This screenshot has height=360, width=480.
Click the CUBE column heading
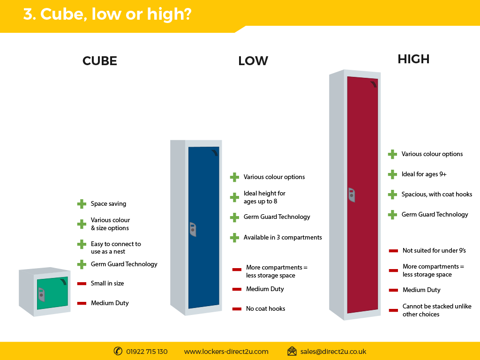100,61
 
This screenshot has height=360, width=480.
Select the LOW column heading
253,61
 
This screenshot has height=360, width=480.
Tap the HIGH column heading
413,59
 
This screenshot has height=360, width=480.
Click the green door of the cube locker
52,293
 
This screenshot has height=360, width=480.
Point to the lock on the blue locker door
193,229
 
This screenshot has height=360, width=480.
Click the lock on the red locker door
352,195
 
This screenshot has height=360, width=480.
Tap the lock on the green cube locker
41,294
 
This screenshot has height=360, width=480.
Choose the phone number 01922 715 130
147,352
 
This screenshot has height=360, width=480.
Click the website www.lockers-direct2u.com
226,352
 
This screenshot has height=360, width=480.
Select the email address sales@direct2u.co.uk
333,352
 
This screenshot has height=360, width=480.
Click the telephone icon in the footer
118,351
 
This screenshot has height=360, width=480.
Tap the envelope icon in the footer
292,351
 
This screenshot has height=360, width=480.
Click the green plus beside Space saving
82,204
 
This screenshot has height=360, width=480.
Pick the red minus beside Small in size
82,284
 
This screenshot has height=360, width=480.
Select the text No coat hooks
265,308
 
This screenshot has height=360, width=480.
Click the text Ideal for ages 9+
424,174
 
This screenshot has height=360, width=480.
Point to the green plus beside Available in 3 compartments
234,238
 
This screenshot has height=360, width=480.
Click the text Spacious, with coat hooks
437,194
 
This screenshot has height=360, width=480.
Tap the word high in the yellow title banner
169,15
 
